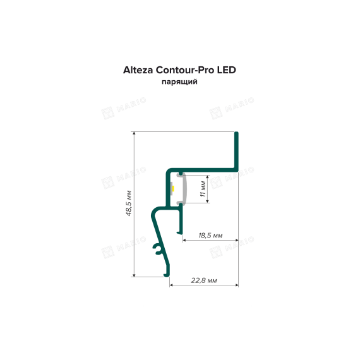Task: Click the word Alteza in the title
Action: click(x=138, y=70)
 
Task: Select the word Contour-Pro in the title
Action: click(x=185, y=70)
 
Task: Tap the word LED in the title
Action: click(x=226, y=70)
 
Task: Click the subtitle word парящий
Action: click(x=179, y=81)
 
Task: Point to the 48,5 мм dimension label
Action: click(x=129, y=203)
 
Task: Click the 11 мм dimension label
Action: click(x=203, y=189)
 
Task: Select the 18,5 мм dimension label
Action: click(x=210, y=236)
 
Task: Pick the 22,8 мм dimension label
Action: click(x=204, y=280)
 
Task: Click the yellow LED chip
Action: click(x=174, y=188)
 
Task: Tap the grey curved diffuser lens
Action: click(x=185, y=188)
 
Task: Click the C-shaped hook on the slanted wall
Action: click(x=157, y=249)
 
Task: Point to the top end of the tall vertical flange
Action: click(x=236, y=133)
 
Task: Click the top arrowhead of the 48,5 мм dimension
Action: click(x=135, y=134)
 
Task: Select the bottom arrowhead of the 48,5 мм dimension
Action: click(x=135, y=275)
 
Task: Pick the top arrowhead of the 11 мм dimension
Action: click(x=208, y=177)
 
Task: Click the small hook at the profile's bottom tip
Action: click(x=167, y=275)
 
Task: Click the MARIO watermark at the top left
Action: click(x=124, y=108)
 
